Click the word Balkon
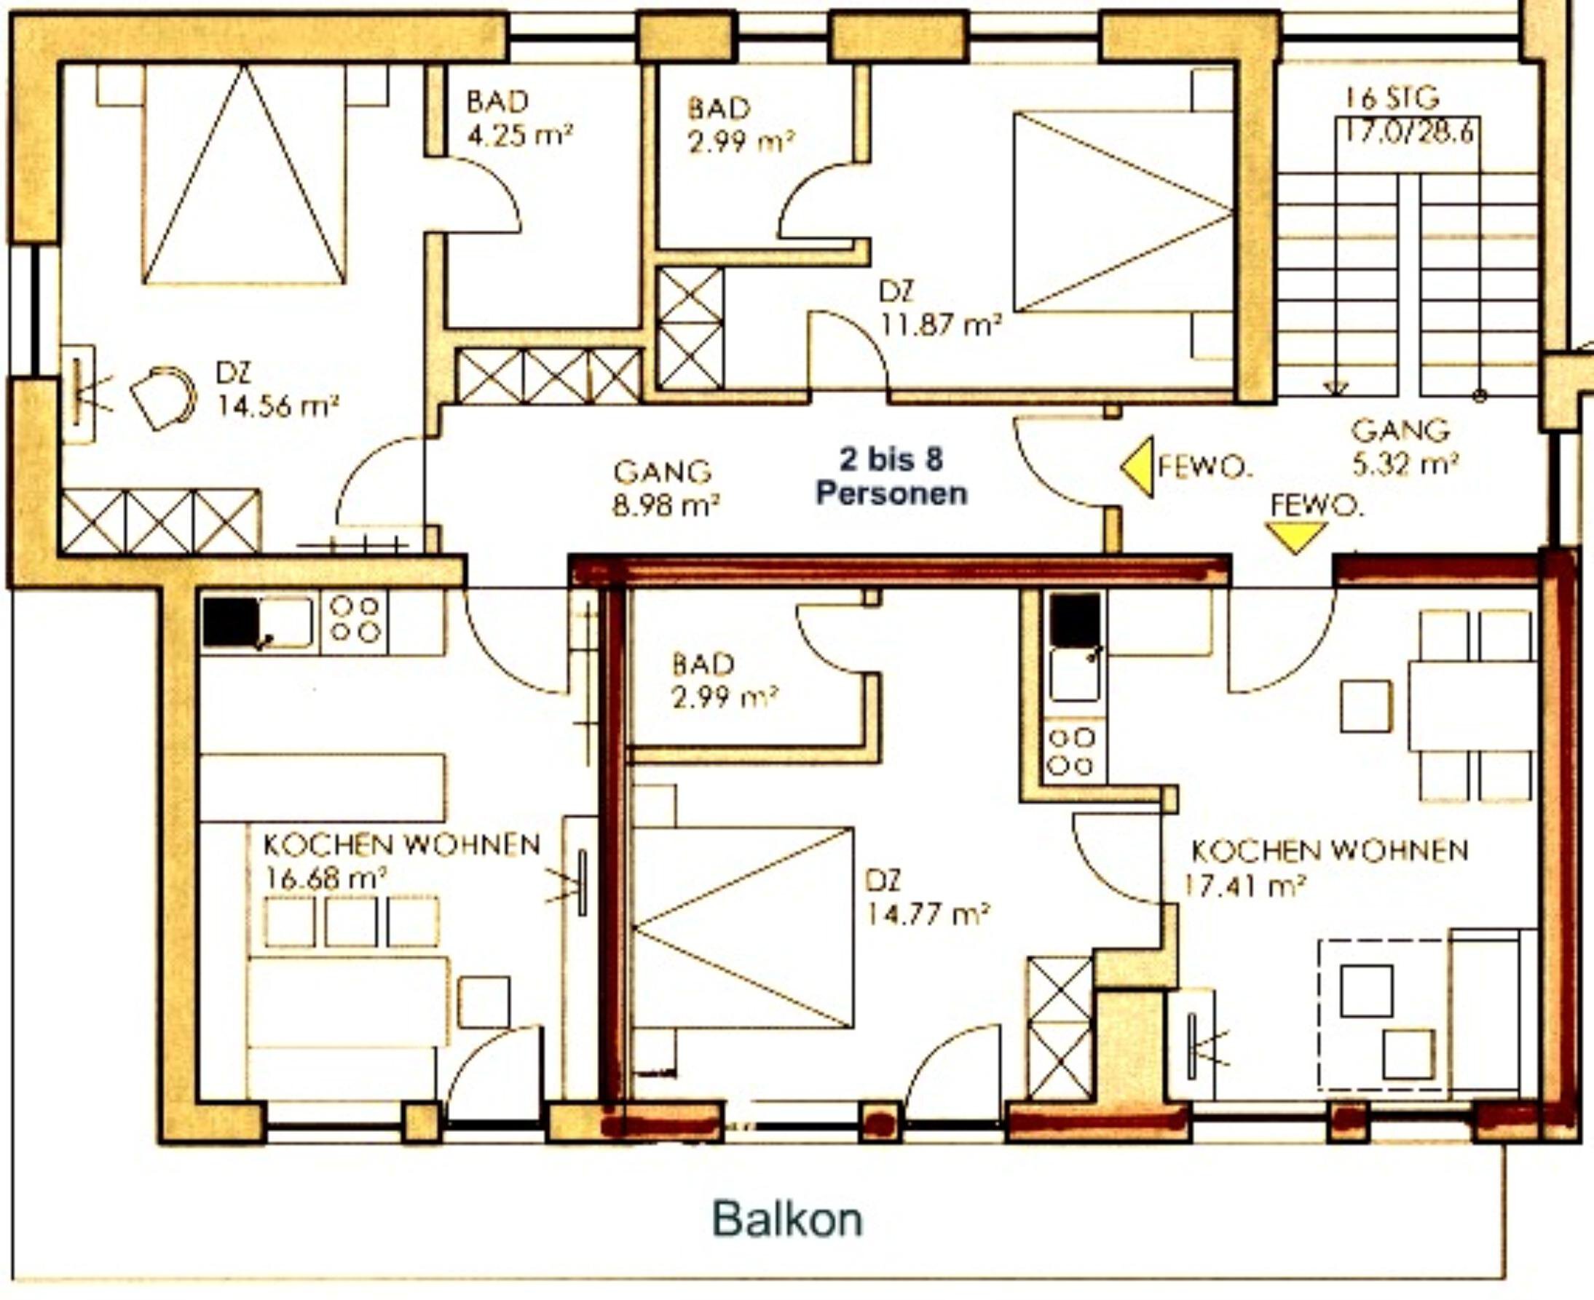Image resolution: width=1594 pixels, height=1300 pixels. [787, 1219]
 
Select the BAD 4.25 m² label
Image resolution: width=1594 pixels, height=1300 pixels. [520, 119]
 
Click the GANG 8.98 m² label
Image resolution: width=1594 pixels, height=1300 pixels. [666, 489]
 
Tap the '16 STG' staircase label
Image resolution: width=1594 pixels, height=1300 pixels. [1392, 98]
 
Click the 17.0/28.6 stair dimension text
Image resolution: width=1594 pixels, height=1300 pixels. [1408, 132]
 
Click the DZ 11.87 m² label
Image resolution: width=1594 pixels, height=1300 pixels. [941, 309]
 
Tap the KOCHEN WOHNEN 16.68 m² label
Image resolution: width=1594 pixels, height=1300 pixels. [401, 860]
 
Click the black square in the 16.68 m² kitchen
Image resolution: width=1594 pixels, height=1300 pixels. [229, 622]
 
